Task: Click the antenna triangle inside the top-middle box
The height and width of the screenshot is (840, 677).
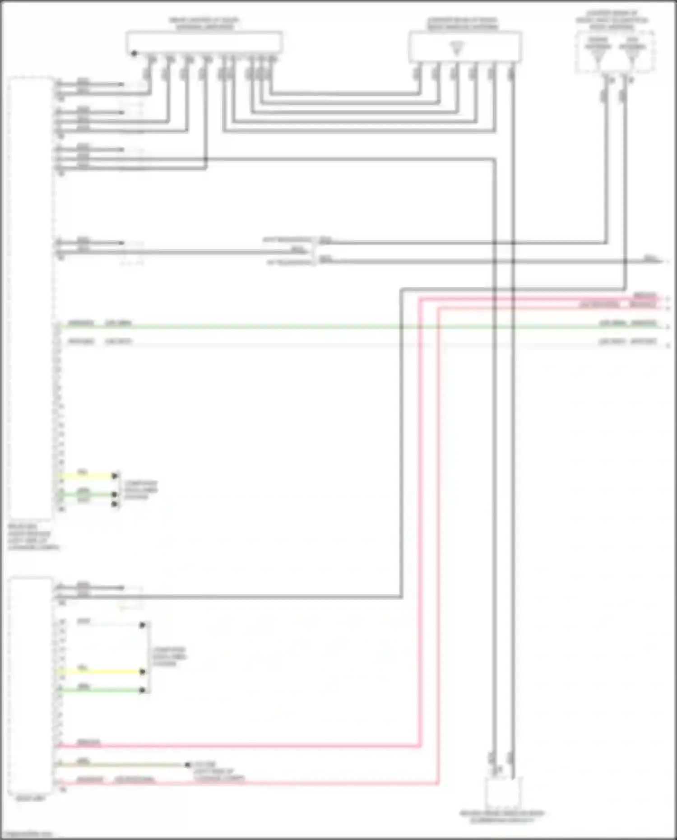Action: coord(456,48)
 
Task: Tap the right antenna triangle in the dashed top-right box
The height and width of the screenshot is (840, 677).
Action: coord(632,54)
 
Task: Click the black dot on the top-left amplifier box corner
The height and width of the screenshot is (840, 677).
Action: coord(134,54)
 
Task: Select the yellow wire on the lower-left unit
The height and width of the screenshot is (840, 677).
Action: coord(99,672)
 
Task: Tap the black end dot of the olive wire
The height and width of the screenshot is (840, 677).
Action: coord(188,765)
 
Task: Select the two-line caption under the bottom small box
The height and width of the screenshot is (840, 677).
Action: coord(502,817)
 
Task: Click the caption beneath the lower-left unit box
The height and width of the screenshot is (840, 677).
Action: coord(30,798)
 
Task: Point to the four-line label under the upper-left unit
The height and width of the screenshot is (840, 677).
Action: coord(32,537)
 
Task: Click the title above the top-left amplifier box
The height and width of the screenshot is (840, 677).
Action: coord(204,23)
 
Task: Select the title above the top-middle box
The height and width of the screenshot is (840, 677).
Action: coord(463,23)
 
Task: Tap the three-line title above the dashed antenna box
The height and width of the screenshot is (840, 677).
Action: coord(612,20)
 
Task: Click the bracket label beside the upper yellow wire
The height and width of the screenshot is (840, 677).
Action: coord(141,490)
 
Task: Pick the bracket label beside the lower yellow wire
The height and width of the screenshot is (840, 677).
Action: coord(169,657)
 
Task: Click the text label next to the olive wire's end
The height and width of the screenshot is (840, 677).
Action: coord(219,771)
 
